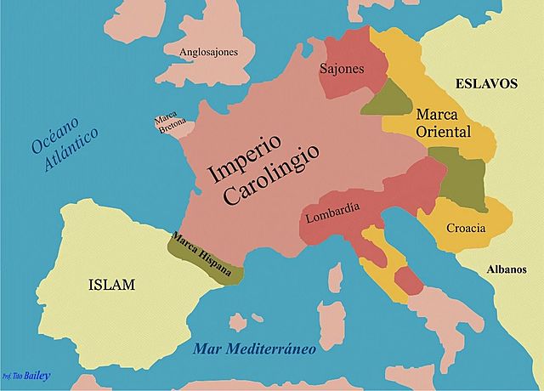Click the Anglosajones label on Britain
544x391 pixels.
[x=208, y=52]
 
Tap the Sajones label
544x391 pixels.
[x=342, y=68]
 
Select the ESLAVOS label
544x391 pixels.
[x=486, y=84]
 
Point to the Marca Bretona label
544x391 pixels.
[x=166, y=124]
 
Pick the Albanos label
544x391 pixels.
[x=507, y=269]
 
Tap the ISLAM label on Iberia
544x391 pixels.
[x=111, y=285]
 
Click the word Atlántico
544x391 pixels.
[x=73, y=150]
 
